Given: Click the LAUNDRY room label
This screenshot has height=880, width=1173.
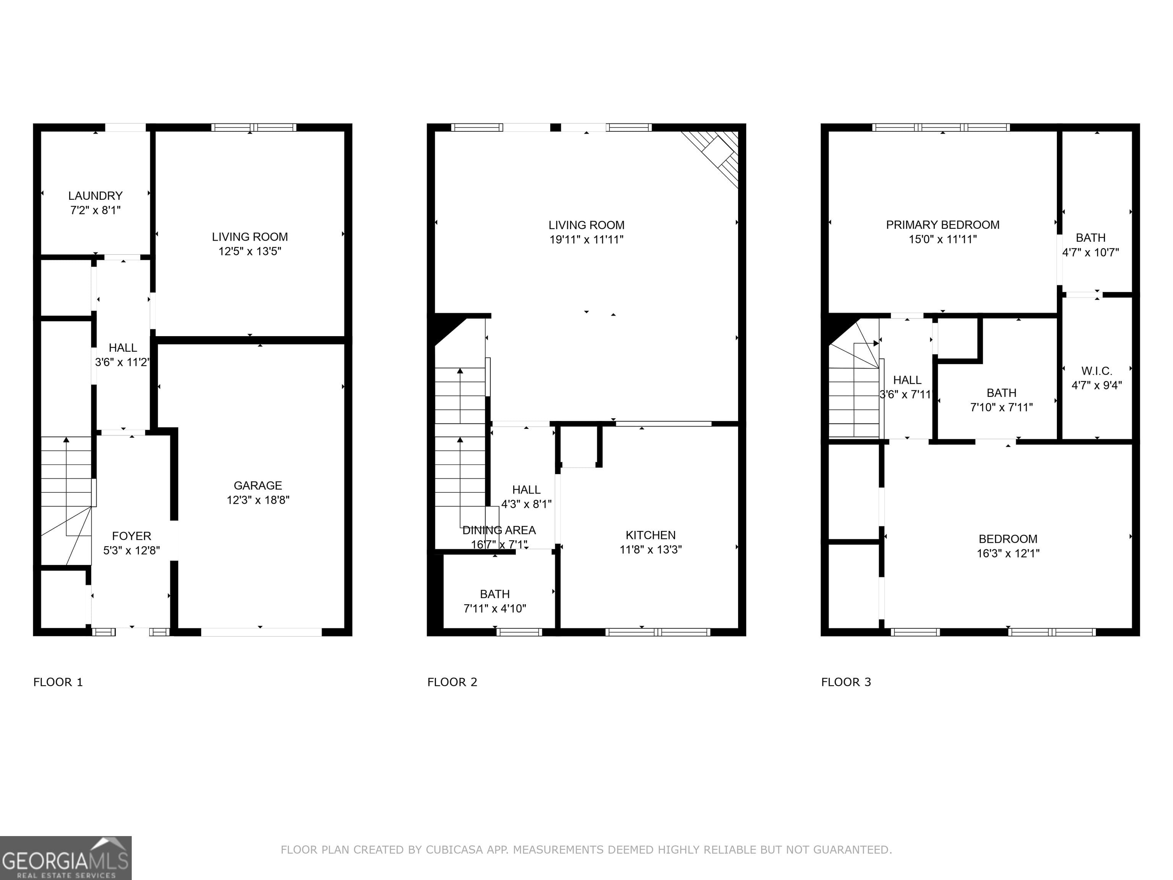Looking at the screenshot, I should (x=95, y=196).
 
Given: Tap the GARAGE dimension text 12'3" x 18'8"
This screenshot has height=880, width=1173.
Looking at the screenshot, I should (x=258, y=500).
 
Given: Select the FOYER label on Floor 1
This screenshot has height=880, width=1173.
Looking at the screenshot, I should (x=131, y=536).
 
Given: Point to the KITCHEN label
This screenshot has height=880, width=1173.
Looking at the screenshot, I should (x=651, y=535).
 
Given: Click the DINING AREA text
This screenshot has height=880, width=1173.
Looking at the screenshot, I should (x=499, y=530).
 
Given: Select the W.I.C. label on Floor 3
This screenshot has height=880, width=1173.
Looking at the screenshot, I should (x=1097, y=371).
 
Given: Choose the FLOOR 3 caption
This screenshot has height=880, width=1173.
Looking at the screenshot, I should (x=846, y=682).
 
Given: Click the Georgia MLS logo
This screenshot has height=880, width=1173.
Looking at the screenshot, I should (x=65, y=858).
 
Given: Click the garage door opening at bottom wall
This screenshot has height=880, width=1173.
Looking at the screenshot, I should (x=261, y=632).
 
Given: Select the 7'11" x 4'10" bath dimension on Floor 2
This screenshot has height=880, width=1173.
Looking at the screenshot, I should (x=495, y=608).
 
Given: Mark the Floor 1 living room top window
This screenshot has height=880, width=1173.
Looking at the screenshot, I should (x=254, y=127).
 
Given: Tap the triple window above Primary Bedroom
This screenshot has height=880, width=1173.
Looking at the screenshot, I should (x=941, y=127).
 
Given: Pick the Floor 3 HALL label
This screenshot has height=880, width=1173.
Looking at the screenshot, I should (x=907, y=380).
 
